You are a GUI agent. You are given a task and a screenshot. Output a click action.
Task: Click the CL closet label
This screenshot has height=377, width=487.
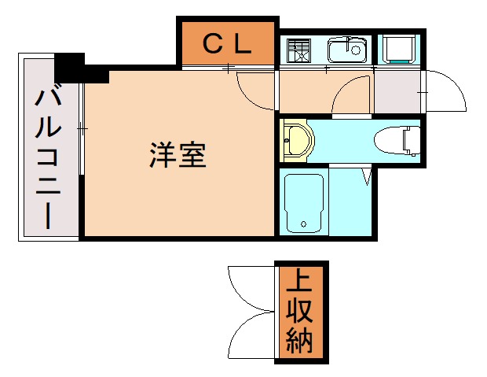[x=228, y=44]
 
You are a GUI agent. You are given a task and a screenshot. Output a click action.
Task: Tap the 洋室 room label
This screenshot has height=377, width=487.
[x=178, y=155]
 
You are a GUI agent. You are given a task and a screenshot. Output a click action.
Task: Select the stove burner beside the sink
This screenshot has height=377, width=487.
[x=298, y=50]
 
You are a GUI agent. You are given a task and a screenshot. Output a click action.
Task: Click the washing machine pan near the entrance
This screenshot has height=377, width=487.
[x=399, y=49]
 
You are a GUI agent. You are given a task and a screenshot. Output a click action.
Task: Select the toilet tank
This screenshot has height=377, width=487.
[x=412, y=141]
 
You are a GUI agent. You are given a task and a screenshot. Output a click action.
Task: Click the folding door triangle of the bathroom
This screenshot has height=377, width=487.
[x=365, y=176]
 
